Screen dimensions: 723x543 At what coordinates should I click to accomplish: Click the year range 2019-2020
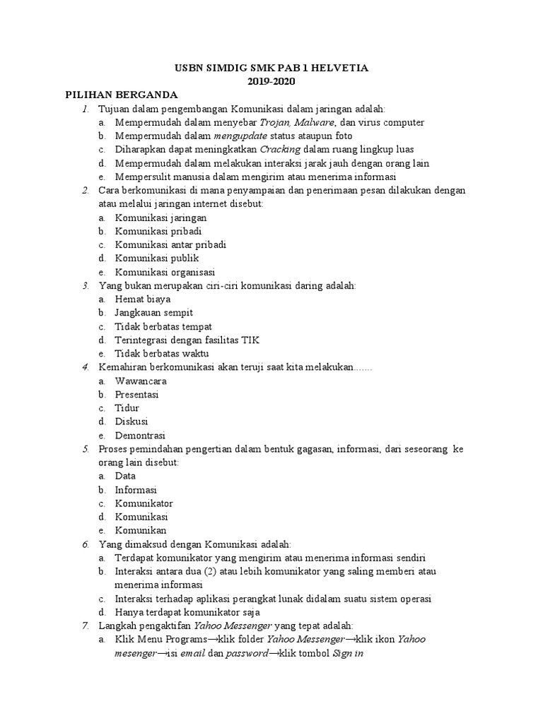pos(271,81)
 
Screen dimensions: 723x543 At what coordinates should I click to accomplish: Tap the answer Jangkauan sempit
pos(153,313)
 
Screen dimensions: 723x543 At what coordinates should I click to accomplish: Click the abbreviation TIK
pos(250,340)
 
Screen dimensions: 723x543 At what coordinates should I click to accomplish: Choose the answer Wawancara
pos(141,381)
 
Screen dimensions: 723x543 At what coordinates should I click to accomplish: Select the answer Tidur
pos(127,408)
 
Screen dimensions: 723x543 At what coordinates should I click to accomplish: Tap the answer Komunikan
pos(141,531)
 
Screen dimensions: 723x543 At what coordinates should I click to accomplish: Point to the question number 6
pos(85,544)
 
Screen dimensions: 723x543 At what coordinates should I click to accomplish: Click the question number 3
pos(85,285)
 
